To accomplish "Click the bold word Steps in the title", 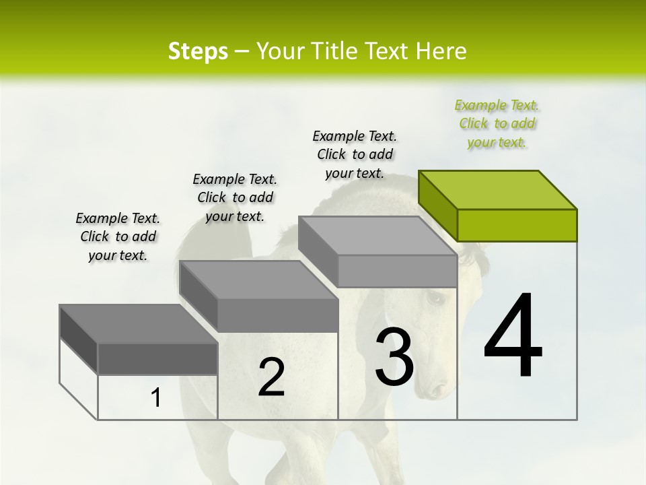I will coord(198,51).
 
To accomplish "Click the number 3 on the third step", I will coord(394,357).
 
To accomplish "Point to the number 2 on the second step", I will coord(272,377).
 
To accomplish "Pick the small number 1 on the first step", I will coord(155,398).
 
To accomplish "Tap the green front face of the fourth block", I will coord(517,225).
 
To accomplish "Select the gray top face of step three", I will coord(377,236).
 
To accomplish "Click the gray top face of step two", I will coord(258,280).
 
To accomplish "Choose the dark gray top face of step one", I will coord(138,324).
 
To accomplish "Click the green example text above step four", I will coord(497,124).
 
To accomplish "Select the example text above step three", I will coord(355,154).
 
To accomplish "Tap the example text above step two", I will coord(235,197).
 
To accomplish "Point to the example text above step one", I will coord(118,236).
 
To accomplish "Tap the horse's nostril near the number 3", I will coord(437,389).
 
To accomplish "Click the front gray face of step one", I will coord(157,359).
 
